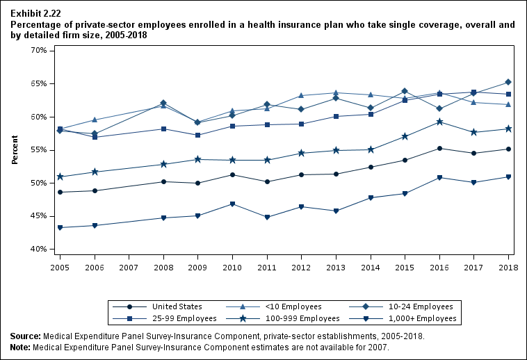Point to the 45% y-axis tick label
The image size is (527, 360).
pyautogui.click(x=38, y=216)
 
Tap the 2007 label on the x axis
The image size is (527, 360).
pyautogui.click(x=129, y=267)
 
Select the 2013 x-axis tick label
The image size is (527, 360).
pyautogui.click(x=336, y=267)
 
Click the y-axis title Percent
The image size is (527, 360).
pyautogui.click(x=15, y=150)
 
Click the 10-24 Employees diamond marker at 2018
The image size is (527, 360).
pyautogui.click(x=508, y=83)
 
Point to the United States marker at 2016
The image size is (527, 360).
pyautogui.click(x=439, y=148)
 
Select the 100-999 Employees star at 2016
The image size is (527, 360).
pyautogui.click(x=439, y=122)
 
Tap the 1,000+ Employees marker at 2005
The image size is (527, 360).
pyautogui.click(x=60, y=227)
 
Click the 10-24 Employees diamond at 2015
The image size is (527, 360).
pyautogui.click(x=405, y=91)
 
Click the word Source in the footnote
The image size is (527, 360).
pyautogui.click(x=25, y=336)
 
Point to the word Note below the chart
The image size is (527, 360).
pyautogui.click(x=21, y=346)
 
